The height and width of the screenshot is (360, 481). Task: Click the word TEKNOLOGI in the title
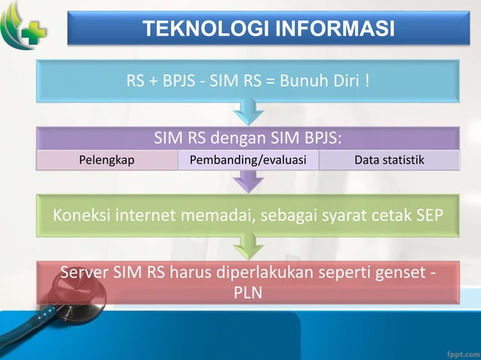pyautogui.click(x=199, y=29)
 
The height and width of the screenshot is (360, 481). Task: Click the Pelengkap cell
pyautogui.click(x=106, y=160)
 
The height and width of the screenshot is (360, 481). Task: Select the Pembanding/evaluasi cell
pyautogui.click(x=248, y=160)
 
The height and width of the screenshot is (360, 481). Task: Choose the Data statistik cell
pyautogui.click(x=389, y=160)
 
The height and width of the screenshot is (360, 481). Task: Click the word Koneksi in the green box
pyautogui.click(x=81, y=217)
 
